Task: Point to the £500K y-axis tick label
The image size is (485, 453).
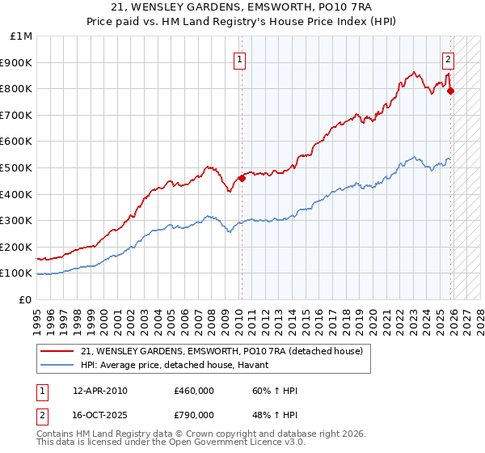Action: point(17,167)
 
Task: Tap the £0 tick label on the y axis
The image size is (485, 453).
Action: point(25,299)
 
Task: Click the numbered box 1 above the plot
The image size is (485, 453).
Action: point(241,58)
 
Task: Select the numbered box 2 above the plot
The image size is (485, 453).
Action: point(448,58)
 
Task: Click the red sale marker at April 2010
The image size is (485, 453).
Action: point(242,178)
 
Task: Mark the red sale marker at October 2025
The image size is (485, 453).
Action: point(451,91)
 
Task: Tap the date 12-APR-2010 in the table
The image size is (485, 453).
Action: point(100,391)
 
